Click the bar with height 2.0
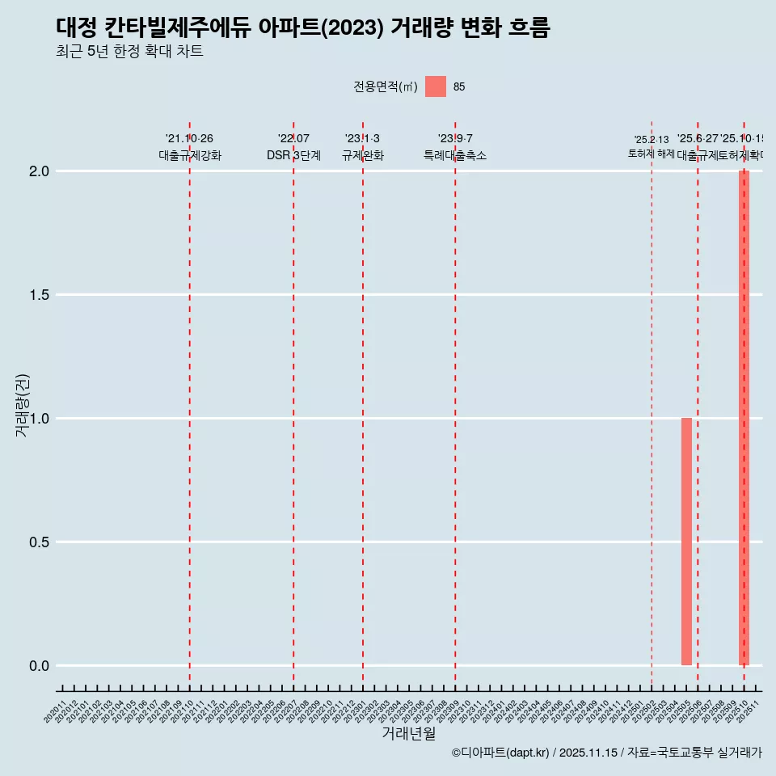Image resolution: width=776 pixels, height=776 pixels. (x=744, y=418)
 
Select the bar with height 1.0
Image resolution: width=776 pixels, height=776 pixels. (x=686, y=542)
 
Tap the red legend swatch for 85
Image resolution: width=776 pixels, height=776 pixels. (x=436, y=86)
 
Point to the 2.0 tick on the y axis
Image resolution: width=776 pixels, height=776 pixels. (x=40, y=171)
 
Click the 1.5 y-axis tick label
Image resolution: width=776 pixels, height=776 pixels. (x=40, y=295)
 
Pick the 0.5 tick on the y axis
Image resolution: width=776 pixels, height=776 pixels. (x=40, y=542)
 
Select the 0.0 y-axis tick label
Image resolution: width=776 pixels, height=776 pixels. (x=40, y=666)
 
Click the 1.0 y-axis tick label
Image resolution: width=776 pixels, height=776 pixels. (x=40, y=419)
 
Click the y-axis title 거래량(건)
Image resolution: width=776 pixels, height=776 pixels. (x=22, y=405)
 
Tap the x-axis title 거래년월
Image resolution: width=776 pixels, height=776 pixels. (x=408, y=734)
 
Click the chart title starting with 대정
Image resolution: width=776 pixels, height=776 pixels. (x=303, y=28)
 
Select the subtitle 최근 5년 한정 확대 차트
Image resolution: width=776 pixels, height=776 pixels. (x=129, y=52)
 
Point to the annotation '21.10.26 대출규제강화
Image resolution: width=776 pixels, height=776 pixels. (x=189, y=147)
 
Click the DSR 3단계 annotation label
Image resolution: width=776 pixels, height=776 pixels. (x=293, y=155)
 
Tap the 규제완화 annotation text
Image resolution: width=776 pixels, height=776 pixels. (x=362, y=155)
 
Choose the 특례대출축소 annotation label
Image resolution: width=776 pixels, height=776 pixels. (x=455, y=155)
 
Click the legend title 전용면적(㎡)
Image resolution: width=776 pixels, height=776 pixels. (x=385, y=87)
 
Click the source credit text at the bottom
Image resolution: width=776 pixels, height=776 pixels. (x=606, y=753)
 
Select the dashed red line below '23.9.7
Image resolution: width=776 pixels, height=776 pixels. (x=455, y=404)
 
